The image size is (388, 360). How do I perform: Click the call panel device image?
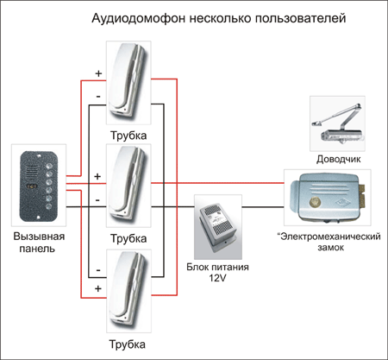(39, 186)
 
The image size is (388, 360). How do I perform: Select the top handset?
(128, 83)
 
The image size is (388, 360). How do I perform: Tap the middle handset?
(128, 186)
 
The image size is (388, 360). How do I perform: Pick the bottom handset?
(128, 291)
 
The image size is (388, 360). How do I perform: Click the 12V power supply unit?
(218, 227)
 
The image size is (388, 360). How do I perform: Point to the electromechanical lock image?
(327, 198)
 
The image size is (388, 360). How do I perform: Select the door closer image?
(337, 123)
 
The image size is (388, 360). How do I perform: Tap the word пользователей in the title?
(300, 18)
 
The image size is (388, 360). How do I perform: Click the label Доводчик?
(338, 159)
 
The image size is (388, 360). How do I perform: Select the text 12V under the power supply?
(217, 278)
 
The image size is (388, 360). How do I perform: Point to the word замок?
(330, 248)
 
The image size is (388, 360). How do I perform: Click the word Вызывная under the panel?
(39, 237)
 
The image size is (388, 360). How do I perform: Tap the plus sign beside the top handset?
(98, 73)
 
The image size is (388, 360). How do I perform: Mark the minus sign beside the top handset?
(98, 96)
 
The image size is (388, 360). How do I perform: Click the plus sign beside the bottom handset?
(98, 288)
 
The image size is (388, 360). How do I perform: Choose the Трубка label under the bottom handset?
(128, 344)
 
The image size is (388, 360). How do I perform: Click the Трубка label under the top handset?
(128, 136)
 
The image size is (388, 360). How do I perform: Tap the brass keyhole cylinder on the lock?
(315, 201)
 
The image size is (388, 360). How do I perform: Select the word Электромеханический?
(329, 237)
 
